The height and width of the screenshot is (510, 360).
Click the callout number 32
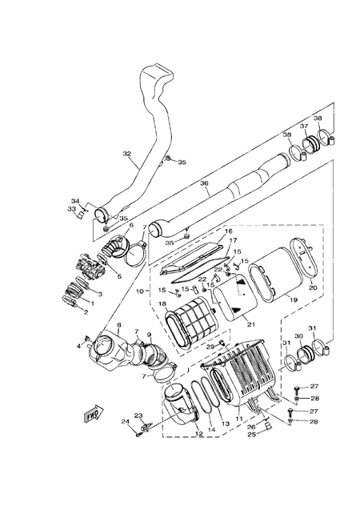click(x=126, y=154)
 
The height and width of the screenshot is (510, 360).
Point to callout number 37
click(x=304, y=126)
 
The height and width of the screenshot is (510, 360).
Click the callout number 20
click(x=313, y=287)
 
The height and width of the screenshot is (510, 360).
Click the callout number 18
click(x=162, y=305)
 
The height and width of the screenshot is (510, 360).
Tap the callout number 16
click(x=227, y=231)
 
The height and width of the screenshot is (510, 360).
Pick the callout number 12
click(x=198, y=433)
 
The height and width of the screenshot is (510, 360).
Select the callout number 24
click(x=126, y=421)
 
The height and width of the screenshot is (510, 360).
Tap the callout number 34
click(x=76, y=200)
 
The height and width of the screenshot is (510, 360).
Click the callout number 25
click(x=250, y=435)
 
